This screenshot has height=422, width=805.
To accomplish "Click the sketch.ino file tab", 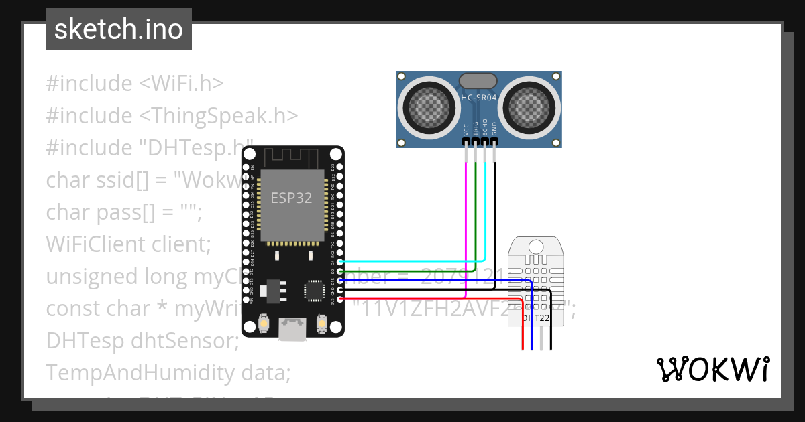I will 118,29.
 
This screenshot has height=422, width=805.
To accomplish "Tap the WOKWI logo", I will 712,369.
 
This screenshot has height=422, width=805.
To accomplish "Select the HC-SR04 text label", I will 479,98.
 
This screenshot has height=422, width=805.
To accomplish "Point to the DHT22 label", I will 536,318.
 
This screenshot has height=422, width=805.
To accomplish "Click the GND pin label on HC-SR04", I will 494,129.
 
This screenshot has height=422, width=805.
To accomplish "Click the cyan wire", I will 485,214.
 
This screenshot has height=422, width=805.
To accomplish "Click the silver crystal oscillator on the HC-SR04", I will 478,81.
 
